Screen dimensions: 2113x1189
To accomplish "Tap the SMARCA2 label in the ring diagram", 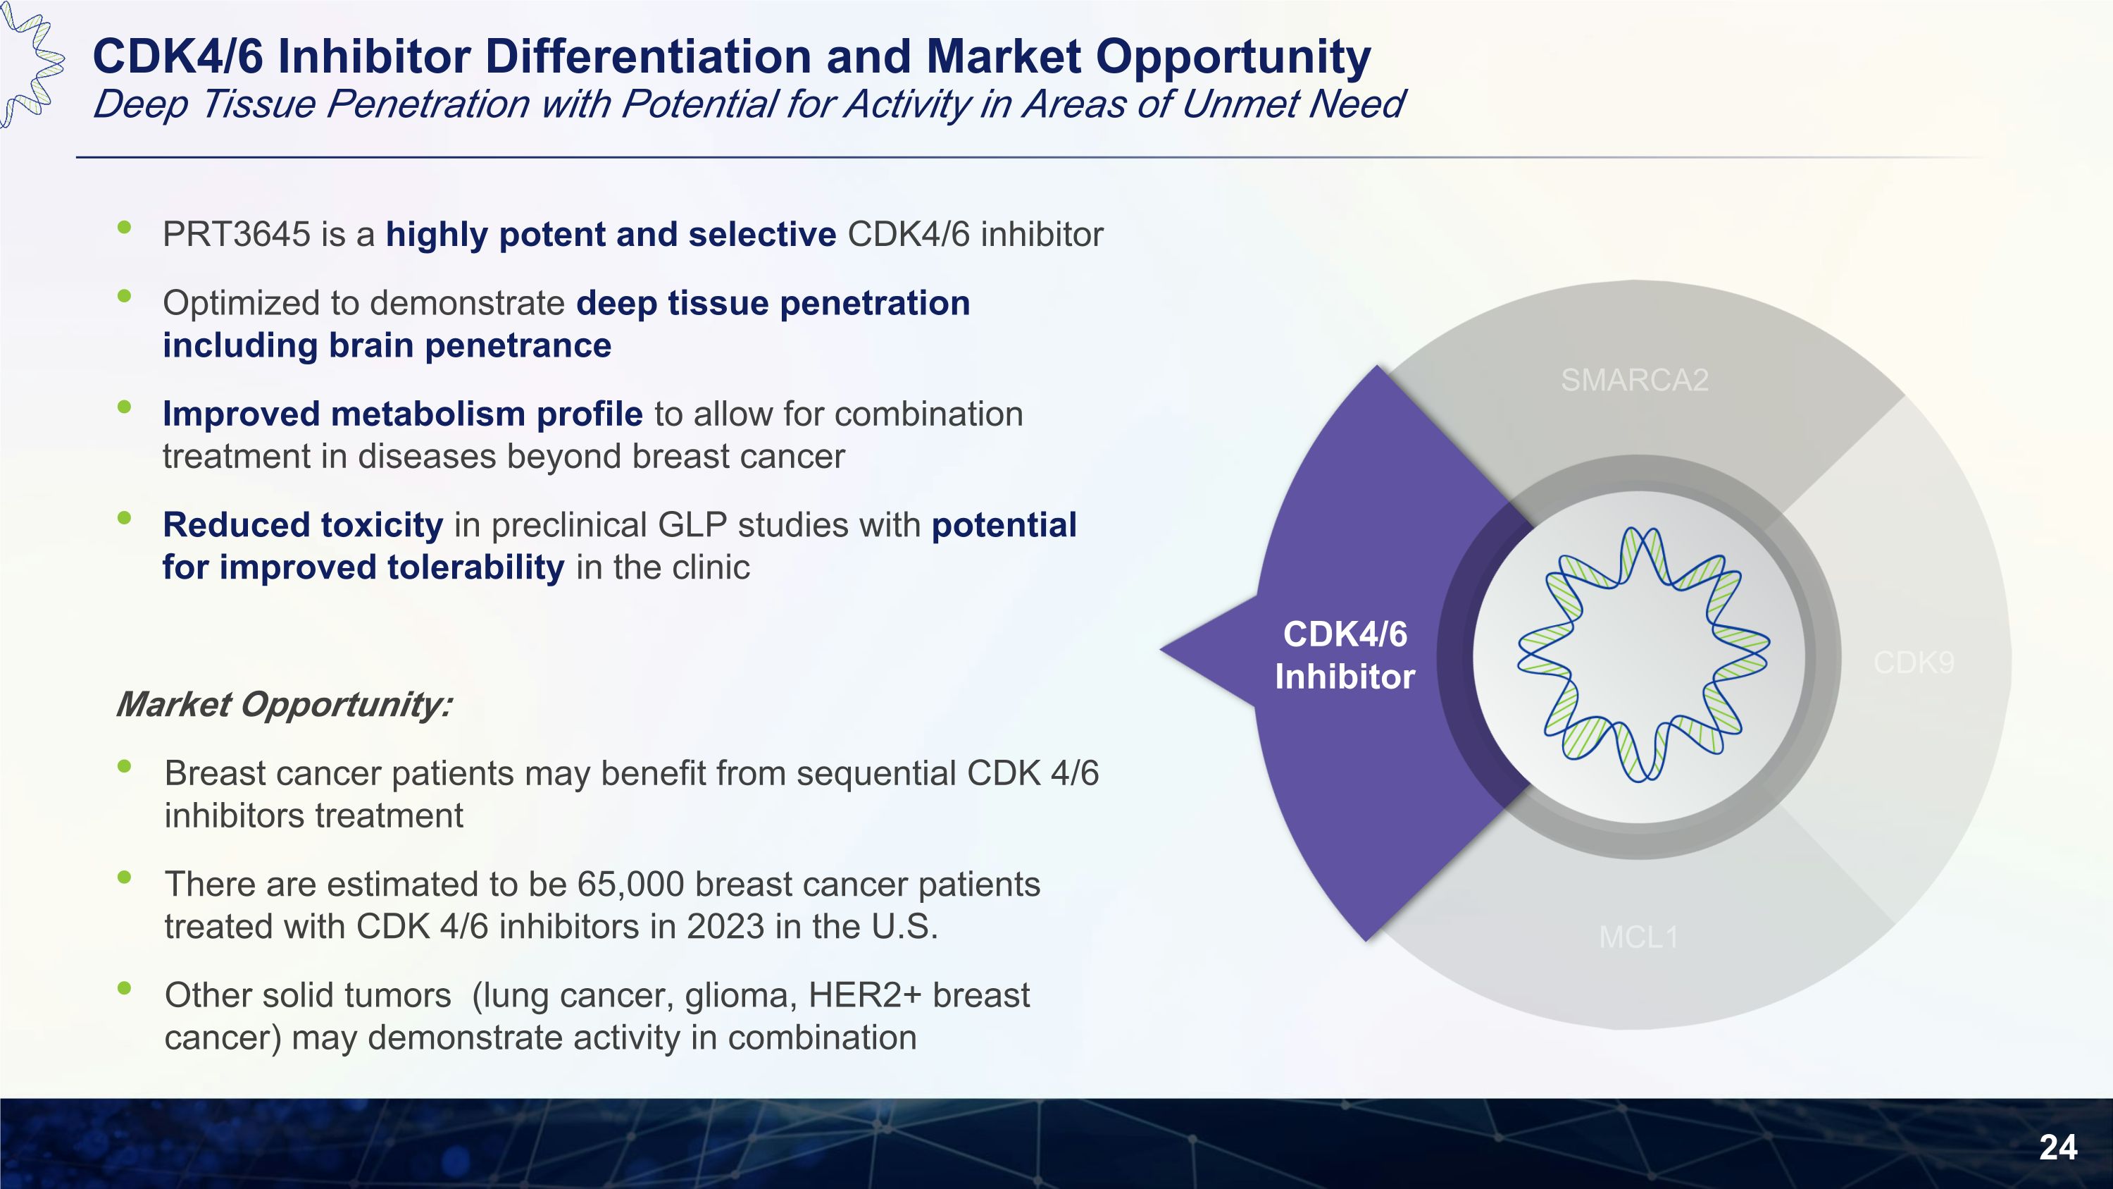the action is tap(1634, 380).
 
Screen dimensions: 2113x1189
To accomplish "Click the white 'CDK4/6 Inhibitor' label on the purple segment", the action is tap(1345, 655).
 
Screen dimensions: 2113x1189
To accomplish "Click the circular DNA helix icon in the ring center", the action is tap(1643, 654).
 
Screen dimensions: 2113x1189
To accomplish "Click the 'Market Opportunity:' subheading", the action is tap(284, 705).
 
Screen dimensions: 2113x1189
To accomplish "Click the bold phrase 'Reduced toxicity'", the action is tap(303, 525).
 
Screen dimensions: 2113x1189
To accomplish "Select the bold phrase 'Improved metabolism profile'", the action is tap(403, 414).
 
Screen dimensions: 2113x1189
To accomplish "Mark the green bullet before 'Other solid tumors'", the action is tap(125, 988).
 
